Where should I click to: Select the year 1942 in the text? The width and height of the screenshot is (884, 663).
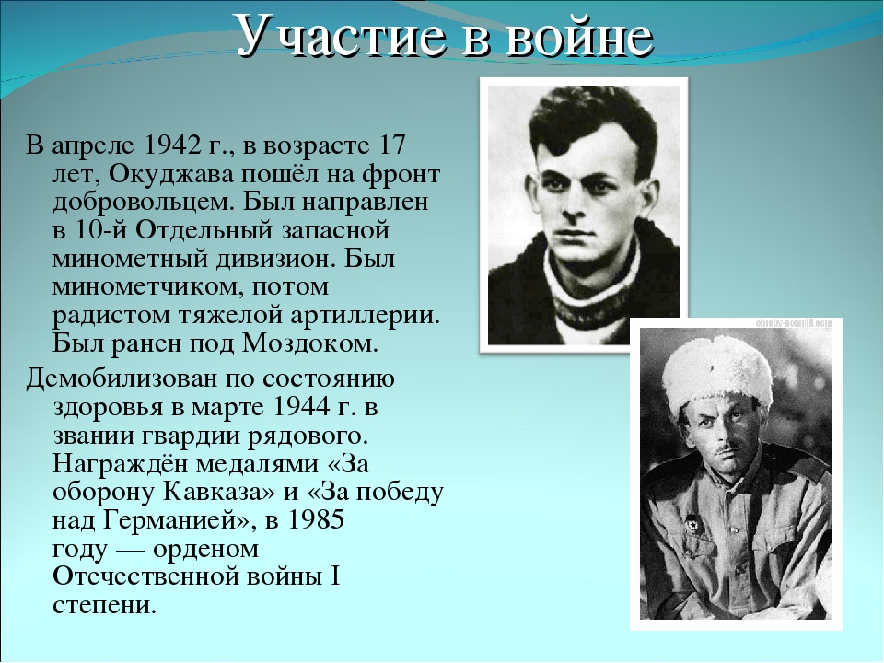(171, 145)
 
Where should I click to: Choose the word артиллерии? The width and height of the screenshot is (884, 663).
(365, 315)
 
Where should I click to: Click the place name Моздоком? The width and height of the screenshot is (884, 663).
(309, 343)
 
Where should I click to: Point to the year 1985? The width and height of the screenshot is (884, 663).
(316, 519)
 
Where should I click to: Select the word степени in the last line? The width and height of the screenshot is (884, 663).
(104, 605)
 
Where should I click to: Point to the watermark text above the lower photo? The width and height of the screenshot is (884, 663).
(793, 323)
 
